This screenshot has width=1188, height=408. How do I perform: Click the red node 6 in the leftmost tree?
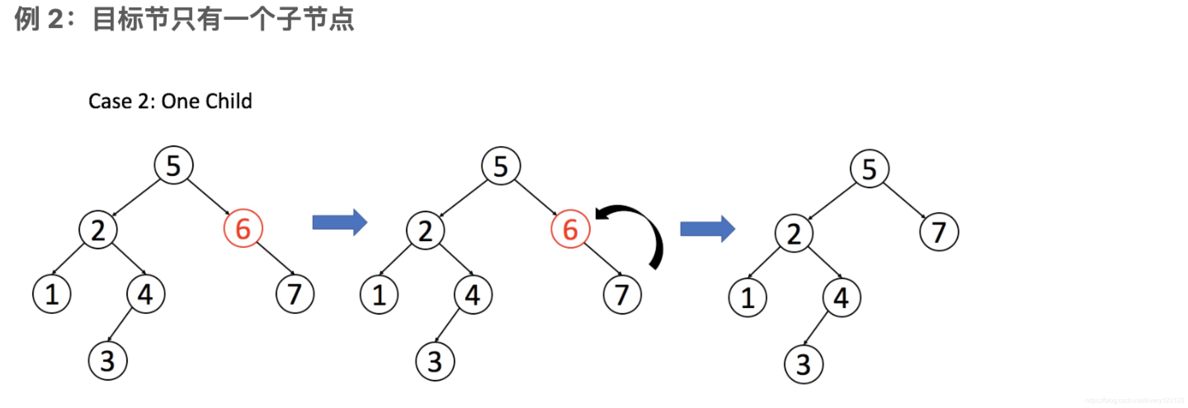(243, 228)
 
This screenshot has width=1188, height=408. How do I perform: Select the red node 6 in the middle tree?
(570, 229)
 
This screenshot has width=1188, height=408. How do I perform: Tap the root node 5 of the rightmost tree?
(869, 169)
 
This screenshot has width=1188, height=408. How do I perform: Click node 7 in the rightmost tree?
(939, 232)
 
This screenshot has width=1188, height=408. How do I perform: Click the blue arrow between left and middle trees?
(339, 223)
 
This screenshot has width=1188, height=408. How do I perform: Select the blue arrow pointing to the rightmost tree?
(707, 229)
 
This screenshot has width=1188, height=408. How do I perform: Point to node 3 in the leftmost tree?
(107, 361)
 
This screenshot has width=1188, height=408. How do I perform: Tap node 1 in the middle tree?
(379, 295)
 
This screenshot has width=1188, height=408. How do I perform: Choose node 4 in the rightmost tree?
(841, 298)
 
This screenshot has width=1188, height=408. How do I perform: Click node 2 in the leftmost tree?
(98, 230)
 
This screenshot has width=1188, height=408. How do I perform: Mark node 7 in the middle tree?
(622, 295)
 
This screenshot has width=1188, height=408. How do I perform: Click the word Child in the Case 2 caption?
(229, 101)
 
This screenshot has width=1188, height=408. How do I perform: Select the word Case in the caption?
(110, 101)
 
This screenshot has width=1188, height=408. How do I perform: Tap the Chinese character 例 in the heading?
(27, 19)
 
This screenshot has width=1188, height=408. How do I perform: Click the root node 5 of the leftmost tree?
(173, 165)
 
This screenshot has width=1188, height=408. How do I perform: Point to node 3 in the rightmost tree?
(804, 365)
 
